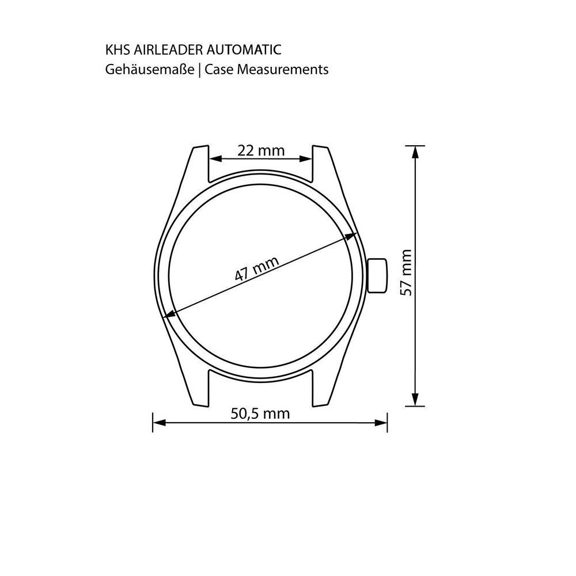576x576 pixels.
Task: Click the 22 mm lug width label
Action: click(x=261, y=150)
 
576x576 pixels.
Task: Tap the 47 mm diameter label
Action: click(x=257, y=268)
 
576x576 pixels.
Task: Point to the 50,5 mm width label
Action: click(x=260, y=414)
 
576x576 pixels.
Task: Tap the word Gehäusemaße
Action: click(x=150, y=70)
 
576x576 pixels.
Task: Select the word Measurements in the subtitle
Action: click(x=282, y=70)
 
